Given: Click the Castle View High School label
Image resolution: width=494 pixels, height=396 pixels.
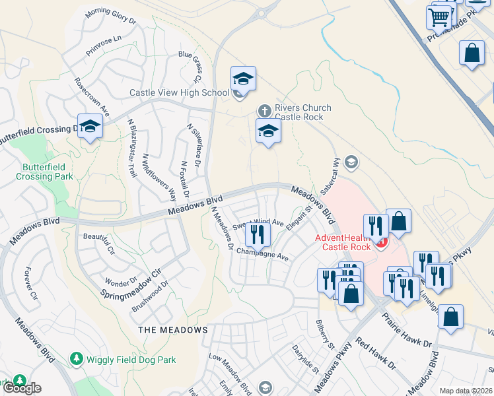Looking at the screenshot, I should pyautogui.click(x=179, y=93).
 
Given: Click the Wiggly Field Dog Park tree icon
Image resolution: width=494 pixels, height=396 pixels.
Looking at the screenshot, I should pyautogui.click(x=77, y=358).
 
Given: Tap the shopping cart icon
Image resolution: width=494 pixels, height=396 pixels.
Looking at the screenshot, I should pyautogui.click(x=439, y=18).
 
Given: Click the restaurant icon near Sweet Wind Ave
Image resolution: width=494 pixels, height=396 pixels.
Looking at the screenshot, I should pyautogui.click(x=258, y=234).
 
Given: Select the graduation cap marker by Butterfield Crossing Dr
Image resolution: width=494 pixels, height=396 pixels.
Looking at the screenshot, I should pyautogui.click(x=89, y=127).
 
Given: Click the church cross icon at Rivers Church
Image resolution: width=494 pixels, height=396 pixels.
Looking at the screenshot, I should pyautogui.click(x=264, y=110).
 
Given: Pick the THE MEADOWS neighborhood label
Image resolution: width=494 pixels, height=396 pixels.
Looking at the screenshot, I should pyautogui.click(x=172, y=329).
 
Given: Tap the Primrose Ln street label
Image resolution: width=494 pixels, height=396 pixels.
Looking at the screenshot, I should pyautogui.click(x=104, y=46).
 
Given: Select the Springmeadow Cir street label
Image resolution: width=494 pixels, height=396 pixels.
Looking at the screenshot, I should pyautogui.click(x=131, y=282).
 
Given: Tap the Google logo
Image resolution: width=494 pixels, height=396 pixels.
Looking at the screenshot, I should pyautogui.click(x=21, y=388).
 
